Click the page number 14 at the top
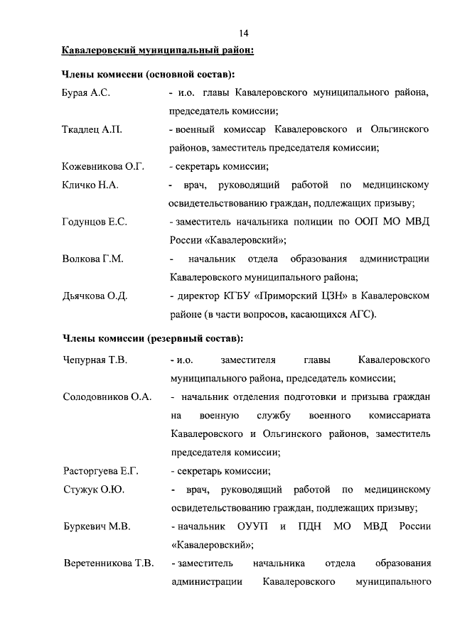[243, 33]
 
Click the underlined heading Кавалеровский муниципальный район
[157, 51]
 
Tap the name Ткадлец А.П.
[92, 130]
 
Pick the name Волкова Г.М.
[92, 259]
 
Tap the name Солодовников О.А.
[107, 396]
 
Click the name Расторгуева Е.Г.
[100, 471]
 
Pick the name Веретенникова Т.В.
[108, 563]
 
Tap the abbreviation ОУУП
[255, 526]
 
